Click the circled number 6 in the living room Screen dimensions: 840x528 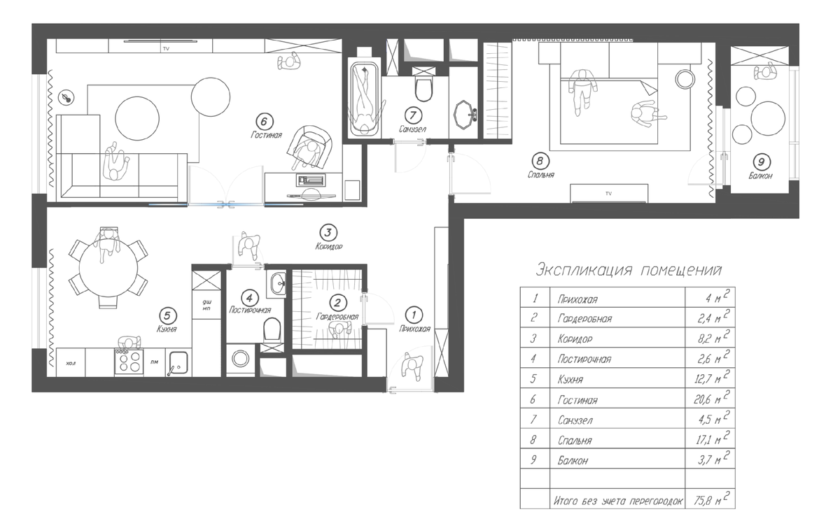click(x=265, y=122)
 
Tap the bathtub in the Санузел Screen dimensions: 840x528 click(x=364, y=99)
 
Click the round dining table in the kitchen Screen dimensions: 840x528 click(x=108, y=268)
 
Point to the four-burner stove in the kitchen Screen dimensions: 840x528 click(x=129, y=362)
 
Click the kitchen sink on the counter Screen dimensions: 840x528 click(x=178, y=363)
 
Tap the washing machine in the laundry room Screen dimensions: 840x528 click(x=240, y=359)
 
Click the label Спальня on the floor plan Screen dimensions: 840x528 click(x=540, y=175)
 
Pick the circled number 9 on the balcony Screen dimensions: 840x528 click(x=762, y=162)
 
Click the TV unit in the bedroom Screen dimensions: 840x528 click(x=609, y=193)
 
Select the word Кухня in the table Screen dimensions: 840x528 click(x=570, y=380)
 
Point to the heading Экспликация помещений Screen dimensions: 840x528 click(x=629, y=270)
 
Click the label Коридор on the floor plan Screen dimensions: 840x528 click(x=329, y=247)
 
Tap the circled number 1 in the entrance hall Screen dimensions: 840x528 click(x=414, y=315)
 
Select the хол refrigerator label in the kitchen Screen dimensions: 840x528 click(x=71, y=363)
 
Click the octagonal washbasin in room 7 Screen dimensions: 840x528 click(x=465, y=115)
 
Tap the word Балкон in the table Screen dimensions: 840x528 click(x=573, y=460)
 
